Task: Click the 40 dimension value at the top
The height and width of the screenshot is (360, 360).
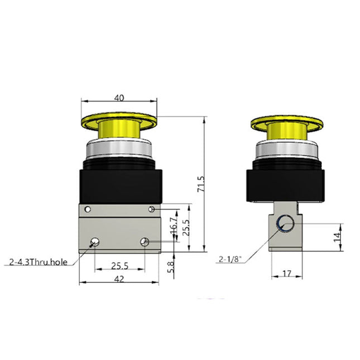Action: (x=118, y=97)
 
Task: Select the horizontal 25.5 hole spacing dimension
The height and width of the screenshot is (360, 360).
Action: (x=119, y=266)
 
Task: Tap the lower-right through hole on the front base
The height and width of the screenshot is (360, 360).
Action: (x=145, y=242)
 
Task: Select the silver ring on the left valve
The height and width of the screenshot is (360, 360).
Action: (x=118, y=150)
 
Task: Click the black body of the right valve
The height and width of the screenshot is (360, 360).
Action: (x=285, y=184)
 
